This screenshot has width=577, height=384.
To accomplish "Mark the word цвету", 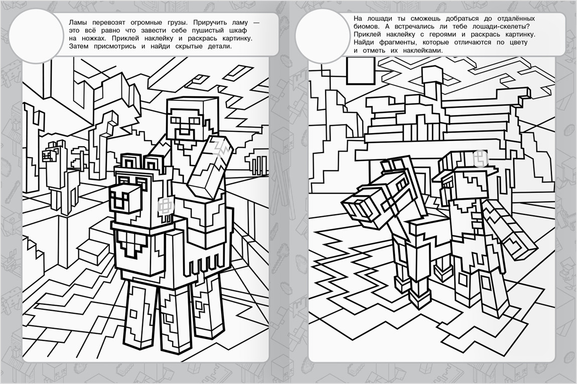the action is (517, 43).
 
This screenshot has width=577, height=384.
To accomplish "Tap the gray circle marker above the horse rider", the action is (480, 158).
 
